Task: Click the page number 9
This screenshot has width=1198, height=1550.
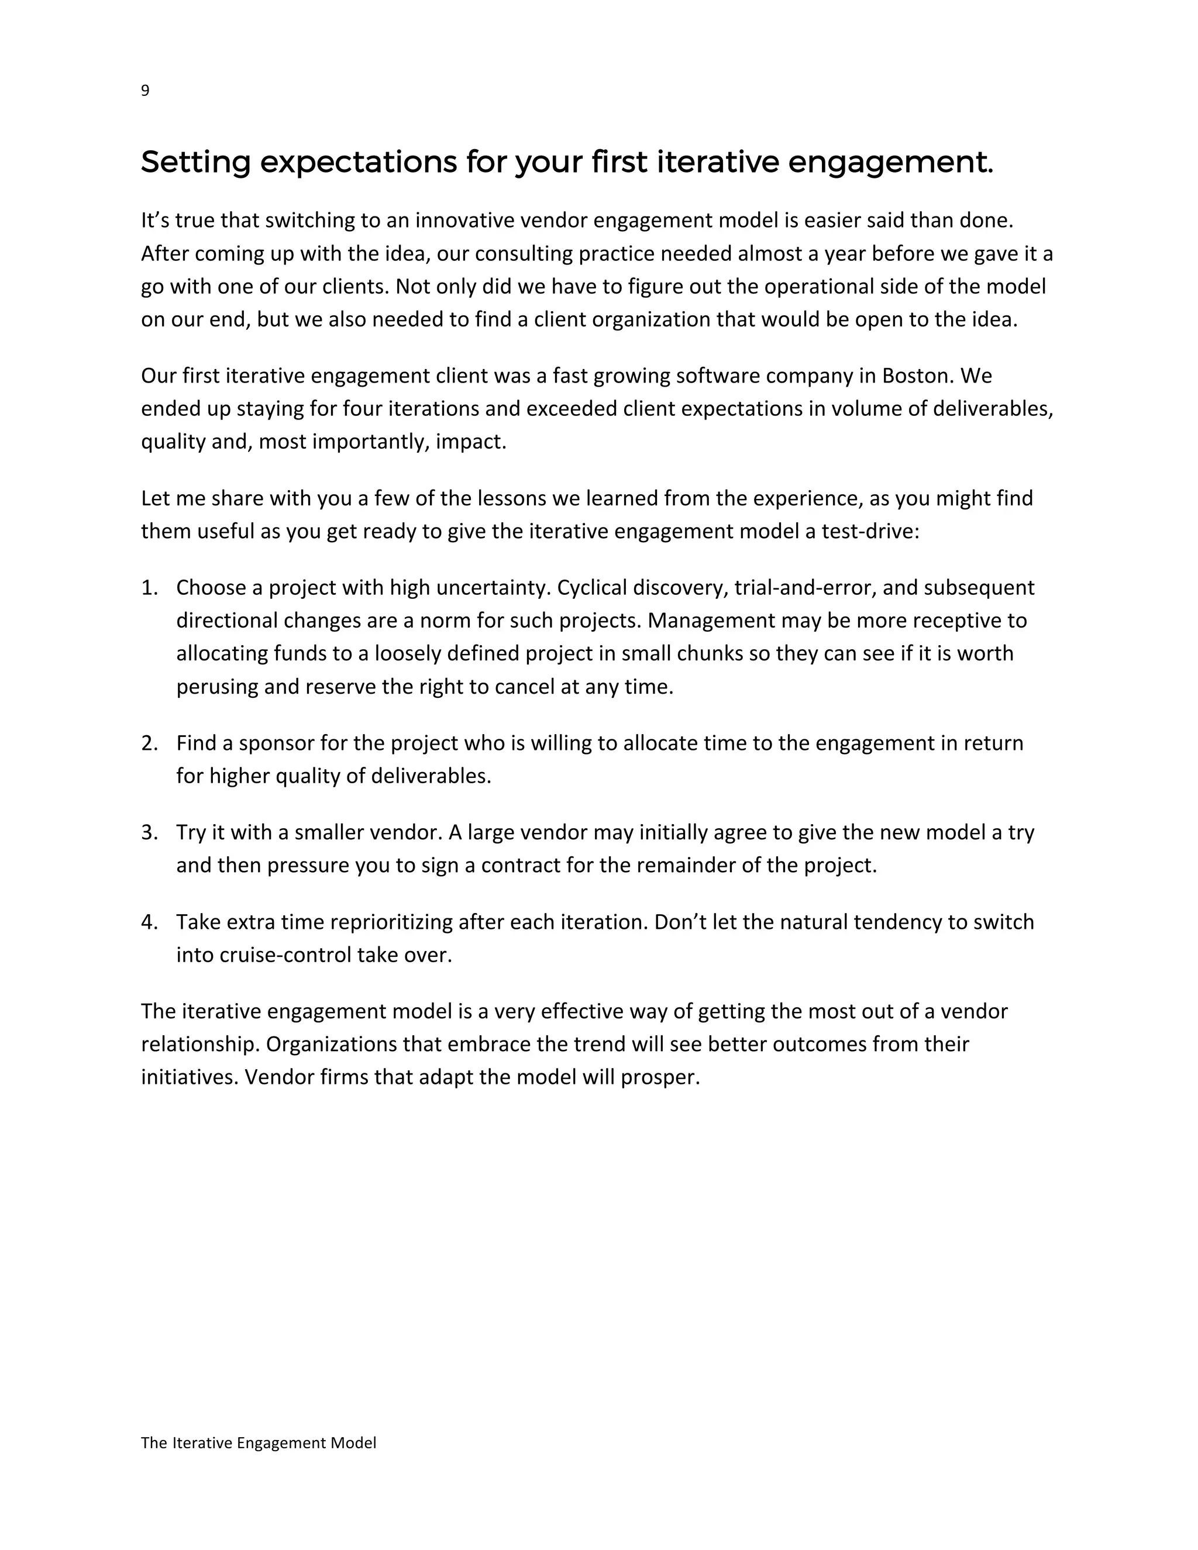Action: click(x=145, y=91)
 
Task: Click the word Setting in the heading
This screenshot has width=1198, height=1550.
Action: click(x=195, y=163)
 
